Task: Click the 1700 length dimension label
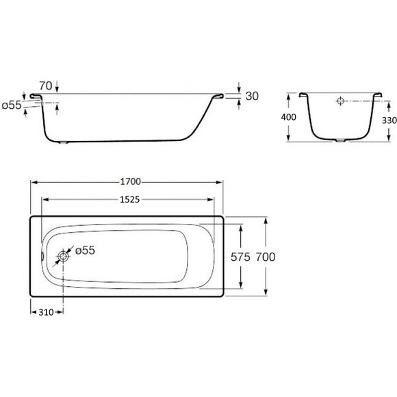(130, 182)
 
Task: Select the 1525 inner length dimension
(129, 200)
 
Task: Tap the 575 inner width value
(240, 257)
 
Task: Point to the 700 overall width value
(266, 257)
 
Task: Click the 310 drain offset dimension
(47, 312)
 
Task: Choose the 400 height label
(288, 117)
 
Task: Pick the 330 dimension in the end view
(389, 120)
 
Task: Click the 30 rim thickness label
(252, 96)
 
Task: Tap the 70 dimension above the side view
(46, 86)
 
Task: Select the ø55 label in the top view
(85, 251)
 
